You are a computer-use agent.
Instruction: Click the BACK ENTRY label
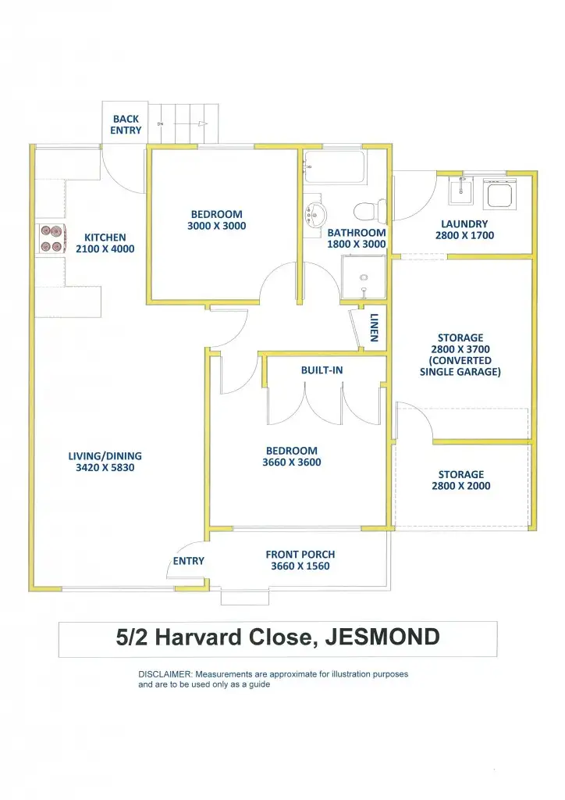click(126, 125)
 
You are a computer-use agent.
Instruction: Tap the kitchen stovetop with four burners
click(51, 238)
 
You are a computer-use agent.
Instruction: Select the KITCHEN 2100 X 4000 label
click(105, 244)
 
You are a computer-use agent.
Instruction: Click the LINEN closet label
click(375, 328)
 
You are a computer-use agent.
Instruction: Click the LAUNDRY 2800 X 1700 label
click(464, 230)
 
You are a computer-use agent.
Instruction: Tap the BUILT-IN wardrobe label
click(322, 370)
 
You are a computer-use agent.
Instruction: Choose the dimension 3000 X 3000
click(216, 227)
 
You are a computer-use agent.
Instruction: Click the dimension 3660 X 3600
click(291, 462)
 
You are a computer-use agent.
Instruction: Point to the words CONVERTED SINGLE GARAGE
click(460, 366)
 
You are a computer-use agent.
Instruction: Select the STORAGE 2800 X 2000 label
click(460, 480)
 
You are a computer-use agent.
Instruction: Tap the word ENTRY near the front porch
click(189, 561)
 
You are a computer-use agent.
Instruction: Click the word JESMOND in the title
click(382, 637)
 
